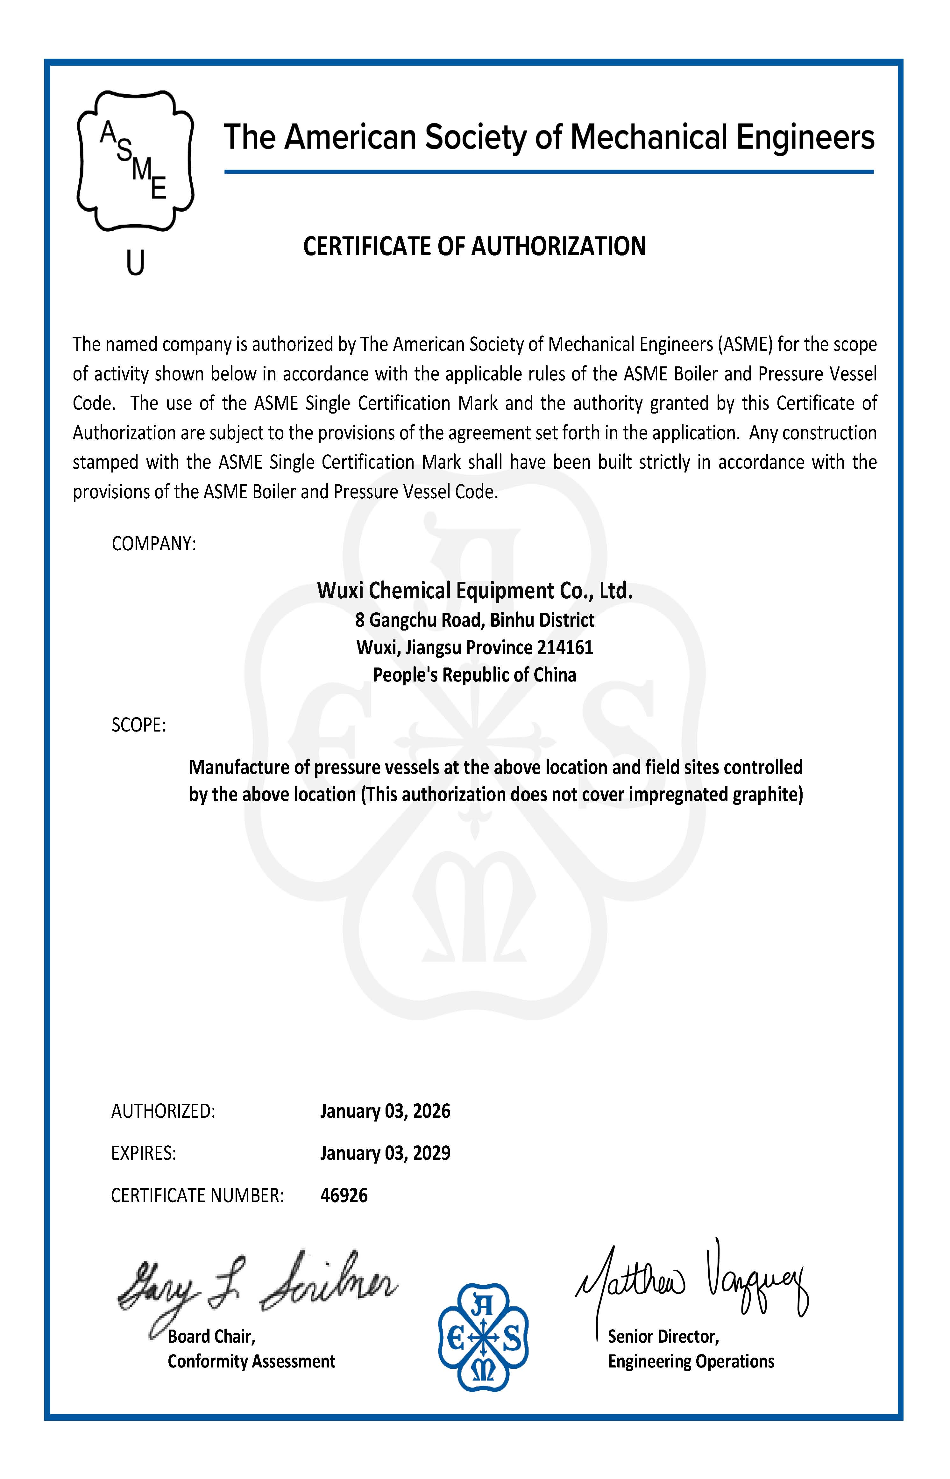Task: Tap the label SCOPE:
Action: click(139, 725)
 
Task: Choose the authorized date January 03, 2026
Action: click(385, 1111)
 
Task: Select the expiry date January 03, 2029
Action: click(385, 1153)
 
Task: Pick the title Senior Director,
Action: click(663, 1336)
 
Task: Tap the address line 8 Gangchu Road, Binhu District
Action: click(474, 620)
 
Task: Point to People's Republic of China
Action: click(474, 675)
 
